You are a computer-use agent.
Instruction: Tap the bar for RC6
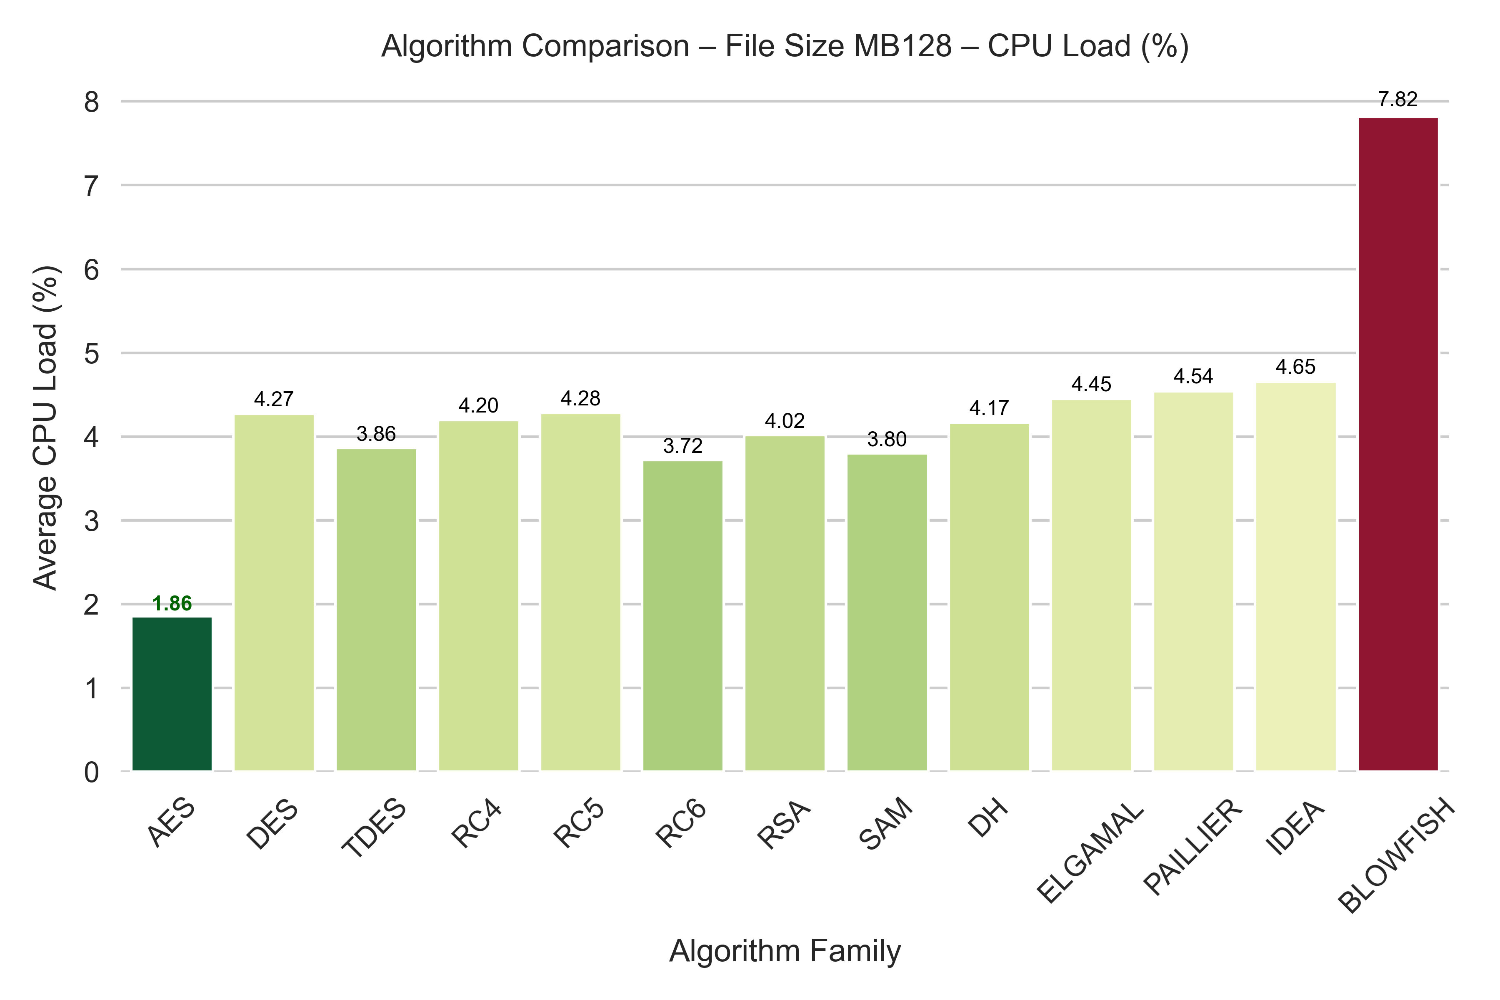click(x=682, y=615)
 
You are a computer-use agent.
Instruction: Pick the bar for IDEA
click(x=1296, y=577)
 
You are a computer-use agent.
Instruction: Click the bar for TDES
click(x=376, y=610)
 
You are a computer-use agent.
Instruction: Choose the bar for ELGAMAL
click(x=1091, y=585)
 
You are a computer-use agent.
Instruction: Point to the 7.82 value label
click(x=1398, y=100)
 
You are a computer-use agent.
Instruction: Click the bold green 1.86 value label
click(x=172, y=603)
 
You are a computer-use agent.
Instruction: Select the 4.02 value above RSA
click(x=785, y=421)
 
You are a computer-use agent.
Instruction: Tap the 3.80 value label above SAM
click(x=887, y=440)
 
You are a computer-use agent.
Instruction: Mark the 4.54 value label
click(x=1193, y=376)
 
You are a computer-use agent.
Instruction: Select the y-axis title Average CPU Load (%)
click(x=46, y=428)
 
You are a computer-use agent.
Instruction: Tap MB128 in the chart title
click(x=902, y=47)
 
